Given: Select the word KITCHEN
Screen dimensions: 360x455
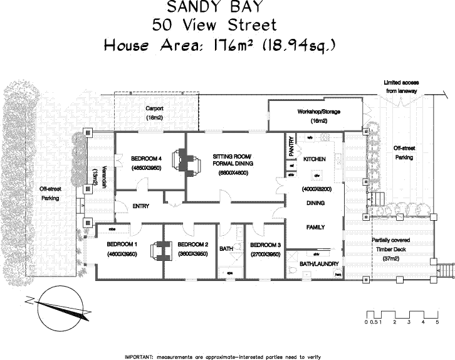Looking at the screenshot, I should (315, 159).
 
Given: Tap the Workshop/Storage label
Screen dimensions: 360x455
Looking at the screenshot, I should (318, 112).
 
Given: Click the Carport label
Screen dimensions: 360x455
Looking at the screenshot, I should (154, 108).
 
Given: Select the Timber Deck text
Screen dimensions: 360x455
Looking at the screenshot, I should (390, 249).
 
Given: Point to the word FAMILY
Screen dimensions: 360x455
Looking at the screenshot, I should (315, 226).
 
